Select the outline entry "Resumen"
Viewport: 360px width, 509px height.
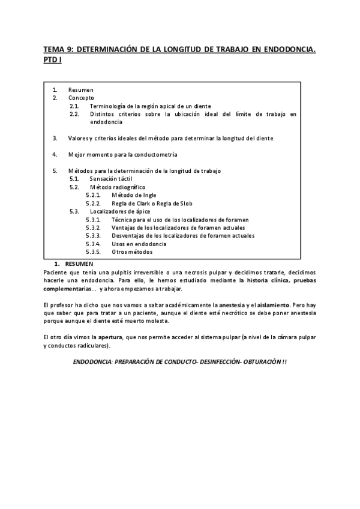[x=81, y=90]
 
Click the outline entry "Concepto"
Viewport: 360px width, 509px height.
[x=81, y=98]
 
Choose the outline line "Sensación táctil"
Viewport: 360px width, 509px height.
[x=110, y=179]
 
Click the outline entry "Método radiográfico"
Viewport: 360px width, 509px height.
[x=118, y=187]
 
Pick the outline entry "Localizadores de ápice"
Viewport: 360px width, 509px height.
[x=120, y=211]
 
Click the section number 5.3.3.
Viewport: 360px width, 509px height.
[x=93, y=236]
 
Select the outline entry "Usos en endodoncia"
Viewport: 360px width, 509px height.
[x=139, y=244]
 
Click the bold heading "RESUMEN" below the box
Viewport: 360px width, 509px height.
[x=79, y=264]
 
